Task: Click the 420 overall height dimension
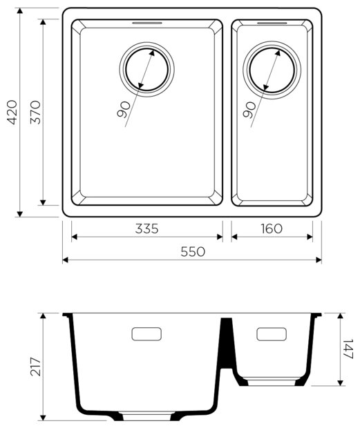(12, 113)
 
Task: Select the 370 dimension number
(35, 113)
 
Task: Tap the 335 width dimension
(146, 228)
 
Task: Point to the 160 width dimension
(272, 228)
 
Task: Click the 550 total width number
(193, 252)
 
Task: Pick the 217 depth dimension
(35, 367)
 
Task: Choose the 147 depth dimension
(348, 349)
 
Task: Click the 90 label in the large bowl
(123, 110)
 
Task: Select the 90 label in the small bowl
(249, 110)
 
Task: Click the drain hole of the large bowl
(146, 69)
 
